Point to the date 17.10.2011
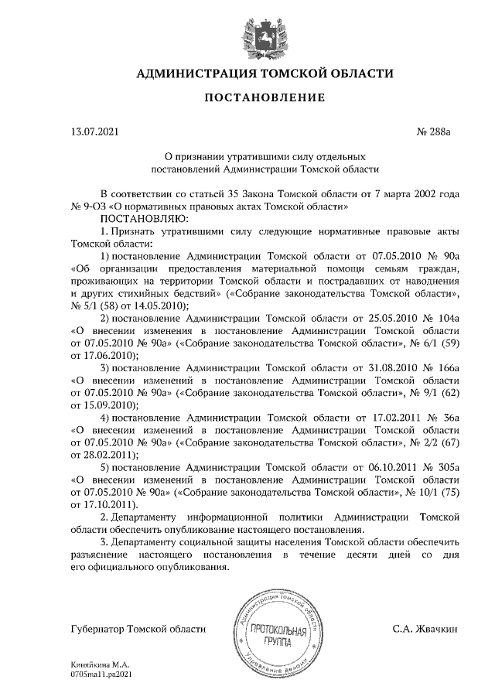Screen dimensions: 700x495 coord(113,505)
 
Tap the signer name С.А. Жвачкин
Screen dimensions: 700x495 coord(425,630)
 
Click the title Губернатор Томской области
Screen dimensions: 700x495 coord(138,630)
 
